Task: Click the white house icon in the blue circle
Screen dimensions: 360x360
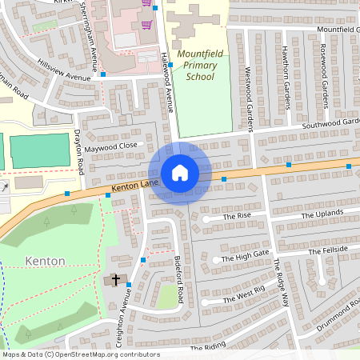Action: click(x=180, y=173)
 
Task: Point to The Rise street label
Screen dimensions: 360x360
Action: click(x=237, y=217)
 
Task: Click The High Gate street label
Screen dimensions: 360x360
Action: click(x=246, y=258)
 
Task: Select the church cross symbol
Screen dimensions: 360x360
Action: click(x=115, y=280)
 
